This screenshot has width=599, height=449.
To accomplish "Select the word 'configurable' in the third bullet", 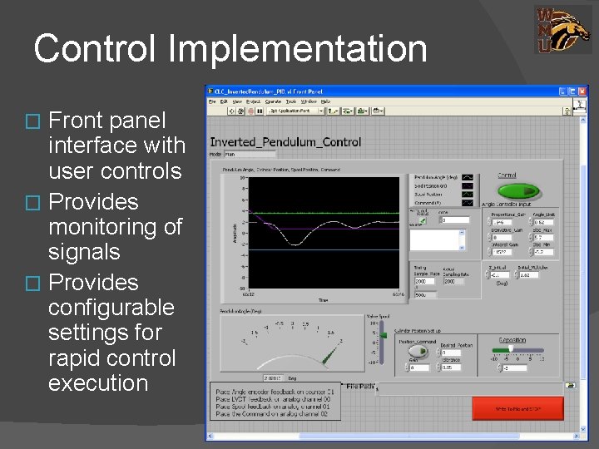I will coord(111,308).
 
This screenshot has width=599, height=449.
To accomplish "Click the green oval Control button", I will coord(506,189).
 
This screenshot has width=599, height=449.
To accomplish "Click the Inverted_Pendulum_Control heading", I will coord(285,142).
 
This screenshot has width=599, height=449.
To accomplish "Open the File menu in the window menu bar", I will coord(213,101).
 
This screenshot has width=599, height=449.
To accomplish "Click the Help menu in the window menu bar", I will coord(325,101).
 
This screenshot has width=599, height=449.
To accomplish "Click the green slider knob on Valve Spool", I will coord(384,335).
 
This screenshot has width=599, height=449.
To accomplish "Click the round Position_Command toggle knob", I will coord(414,352).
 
